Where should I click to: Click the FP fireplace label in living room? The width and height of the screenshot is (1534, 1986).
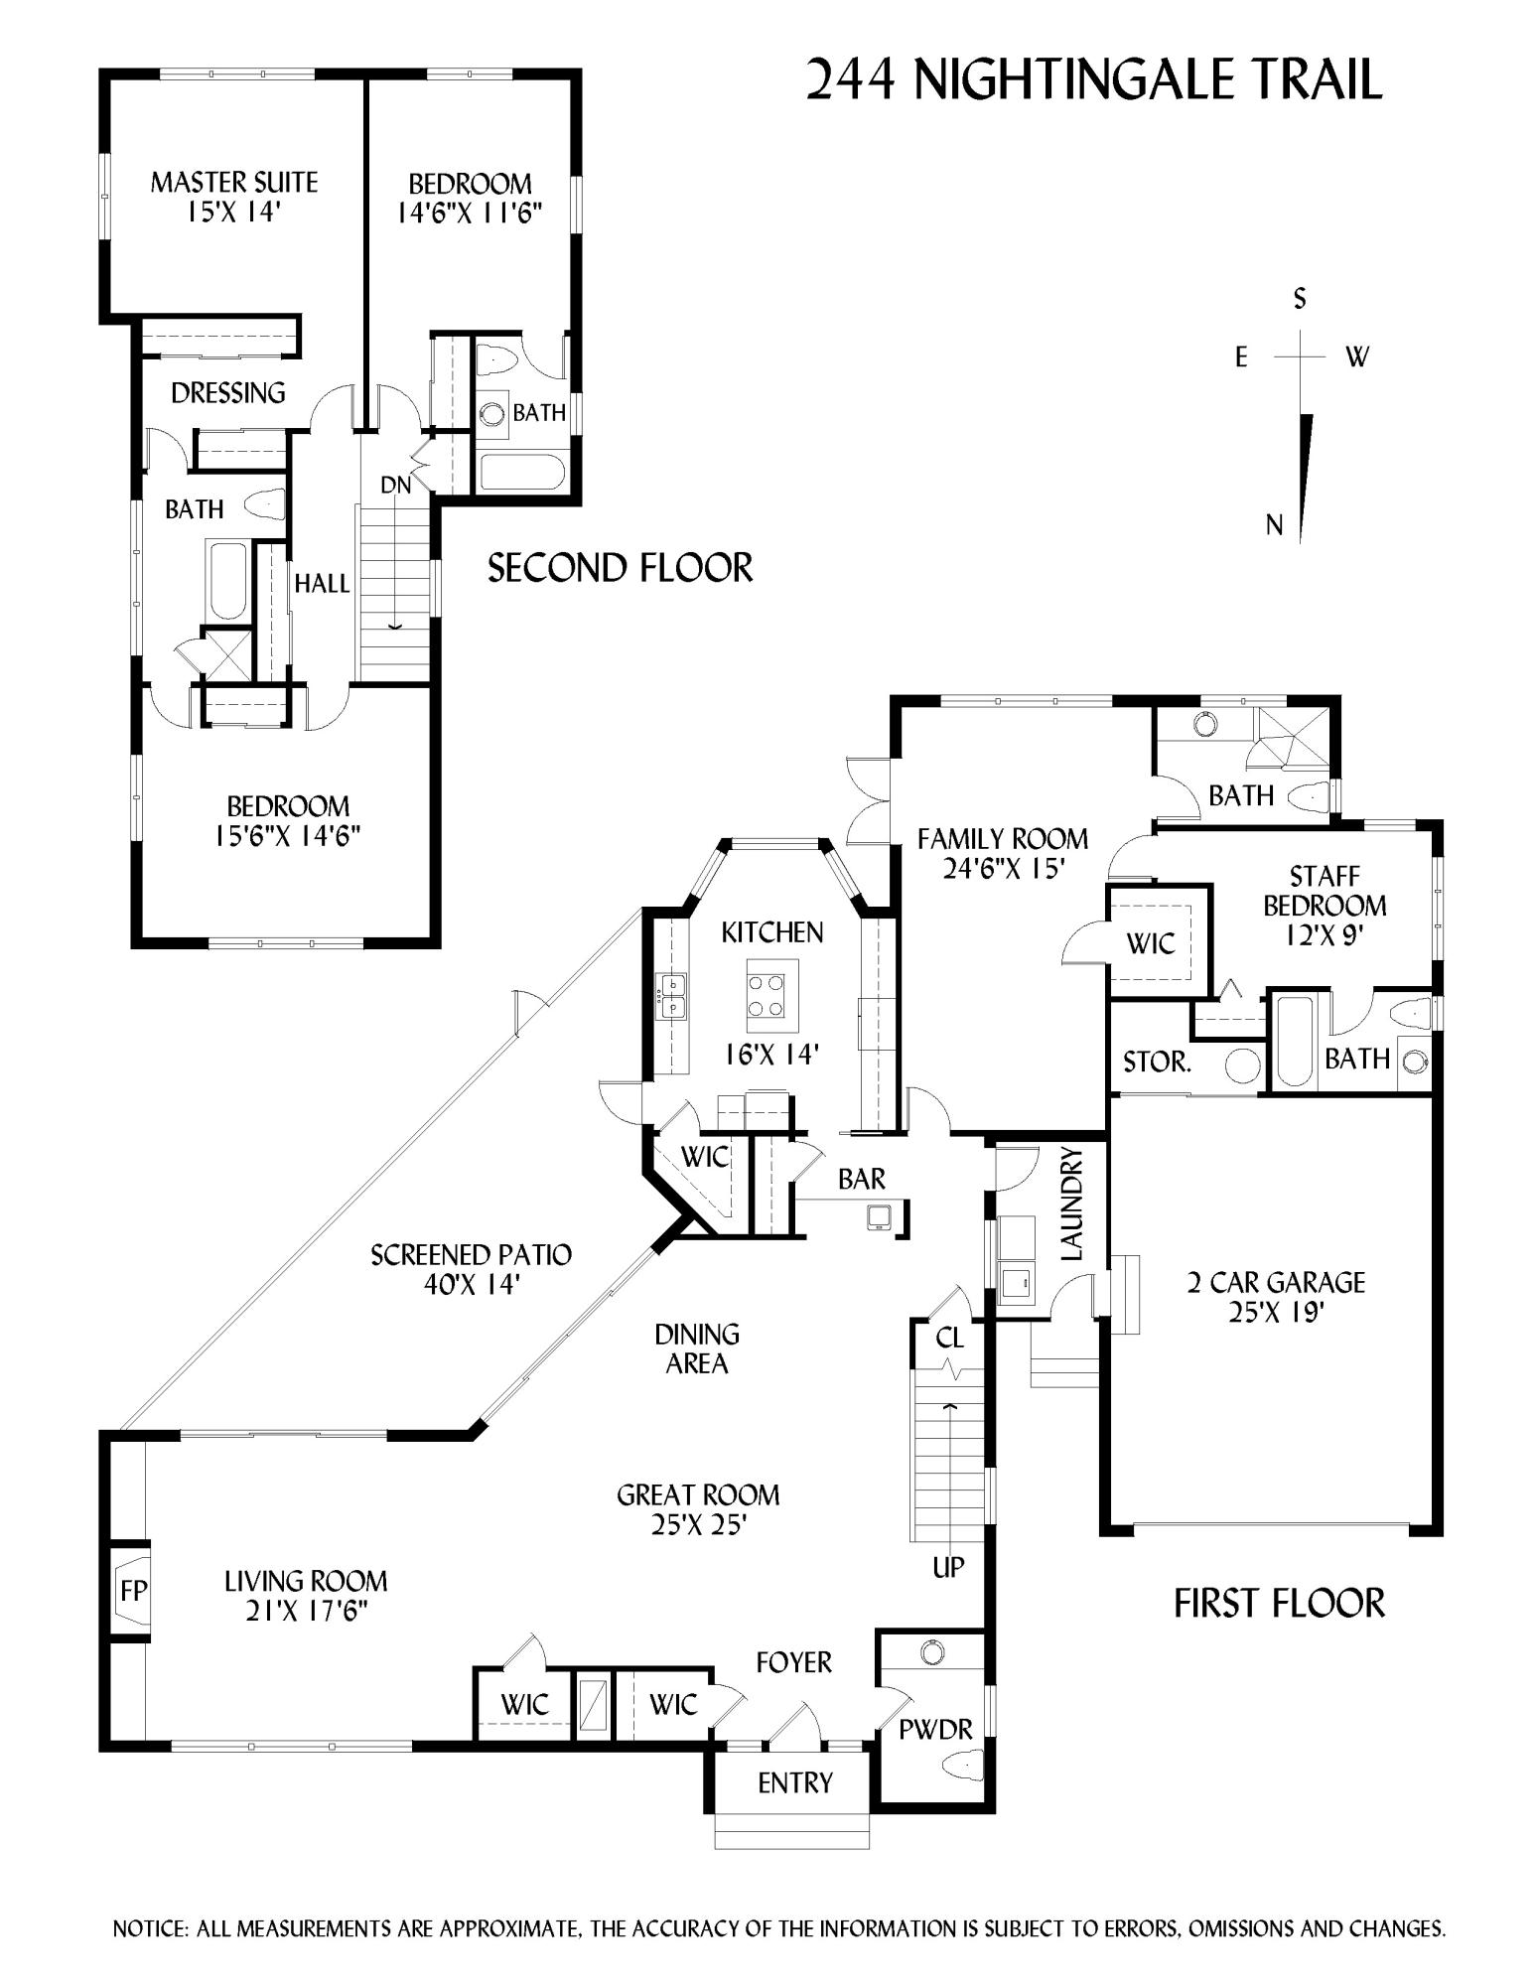pos(133,1591)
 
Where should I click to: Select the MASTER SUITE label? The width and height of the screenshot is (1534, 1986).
pos(234,183)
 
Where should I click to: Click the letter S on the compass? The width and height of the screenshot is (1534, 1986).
pos(1299,298)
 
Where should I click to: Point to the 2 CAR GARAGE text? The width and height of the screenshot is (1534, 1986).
pos(1276,1282)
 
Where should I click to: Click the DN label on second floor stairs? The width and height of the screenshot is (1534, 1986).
pos(395,486)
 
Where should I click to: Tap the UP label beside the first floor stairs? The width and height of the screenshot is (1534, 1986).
pos(948,1567)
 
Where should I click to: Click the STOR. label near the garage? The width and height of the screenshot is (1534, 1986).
pos(1157,1062)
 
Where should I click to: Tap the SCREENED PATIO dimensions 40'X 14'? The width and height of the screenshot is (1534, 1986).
pos(471,1284)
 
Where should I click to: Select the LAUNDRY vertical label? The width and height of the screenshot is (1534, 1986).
pos(1072,1204)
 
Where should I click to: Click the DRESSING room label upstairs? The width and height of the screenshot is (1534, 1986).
pos(228,393)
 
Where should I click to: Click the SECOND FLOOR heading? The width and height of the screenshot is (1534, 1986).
pos(620,568)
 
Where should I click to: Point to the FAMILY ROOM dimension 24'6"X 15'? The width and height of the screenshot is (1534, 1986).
pos(1003,869)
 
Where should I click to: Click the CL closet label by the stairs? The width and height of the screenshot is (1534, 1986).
pos(949,1338)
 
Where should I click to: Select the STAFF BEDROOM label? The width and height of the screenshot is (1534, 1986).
pos(1325,891)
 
